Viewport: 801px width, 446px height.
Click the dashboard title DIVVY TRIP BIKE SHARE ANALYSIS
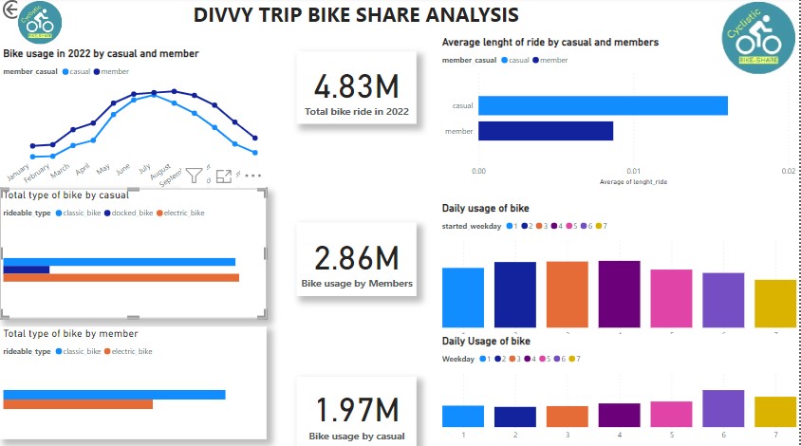click(x=356, y=15)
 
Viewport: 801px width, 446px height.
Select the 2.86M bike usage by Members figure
click(x=357, y=258)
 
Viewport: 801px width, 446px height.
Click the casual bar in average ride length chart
click(x=603, y=105)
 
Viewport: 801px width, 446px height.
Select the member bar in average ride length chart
click(x=546, y=131)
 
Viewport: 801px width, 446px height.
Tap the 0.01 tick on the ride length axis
click(x=633, y=171)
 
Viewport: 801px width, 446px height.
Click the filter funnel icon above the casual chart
click(x=194, y=176)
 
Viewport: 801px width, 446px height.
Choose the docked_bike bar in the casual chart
click(x=27, y=269)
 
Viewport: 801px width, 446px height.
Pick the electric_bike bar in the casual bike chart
click(x=121, y=278)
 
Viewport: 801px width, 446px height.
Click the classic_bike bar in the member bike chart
click(x=115, y=395)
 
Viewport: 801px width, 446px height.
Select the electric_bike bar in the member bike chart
click(x=78, y=404)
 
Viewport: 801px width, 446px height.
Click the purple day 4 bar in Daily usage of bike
click(x=619, y=293)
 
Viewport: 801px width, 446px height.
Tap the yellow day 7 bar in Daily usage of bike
click(x=775, y=303)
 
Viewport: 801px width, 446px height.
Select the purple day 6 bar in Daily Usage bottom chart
click(x=723, y=408)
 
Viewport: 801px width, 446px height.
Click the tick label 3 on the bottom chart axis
click(x=568, y=435)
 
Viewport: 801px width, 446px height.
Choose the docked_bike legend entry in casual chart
click(x=130, y=213)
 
